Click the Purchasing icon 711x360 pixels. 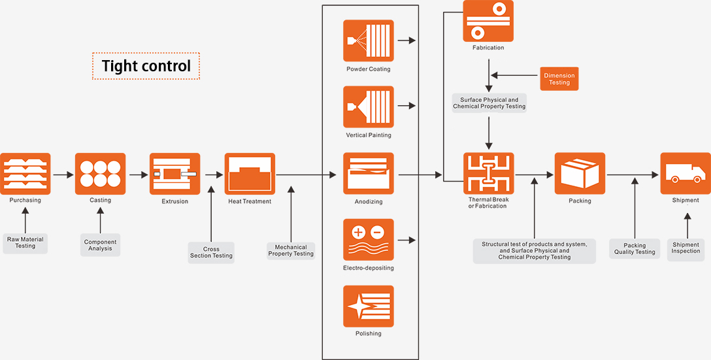[25, 174]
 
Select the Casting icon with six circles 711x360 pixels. [100, 174]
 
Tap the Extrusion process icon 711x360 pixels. [174, 174]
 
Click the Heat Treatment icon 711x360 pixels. [250, 174]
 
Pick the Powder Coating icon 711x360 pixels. [369, 41]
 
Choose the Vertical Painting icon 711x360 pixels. [369, 107]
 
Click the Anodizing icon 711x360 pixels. [369, 174]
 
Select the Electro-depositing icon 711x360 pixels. [369, 240]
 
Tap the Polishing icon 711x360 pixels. [369, 306]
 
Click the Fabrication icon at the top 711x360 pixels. [488, 21]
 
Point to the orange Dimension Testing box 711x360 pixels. [559, 79]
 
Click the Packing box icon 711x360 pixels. [580, 174]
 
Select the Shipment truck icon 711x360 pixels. [685, 174]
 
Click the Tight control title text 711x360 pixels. [146, 66]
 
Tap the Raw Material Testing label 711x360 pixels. [25, 242]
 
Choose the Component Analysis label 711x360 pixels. [100, 245]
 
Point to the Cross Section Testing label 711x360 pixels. [211, 252]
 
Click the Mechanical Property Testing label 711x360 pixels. [291, 251]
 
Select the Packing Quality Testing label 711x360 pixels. [635, 249]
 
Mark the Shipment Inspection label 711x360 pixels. [686, 248]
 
